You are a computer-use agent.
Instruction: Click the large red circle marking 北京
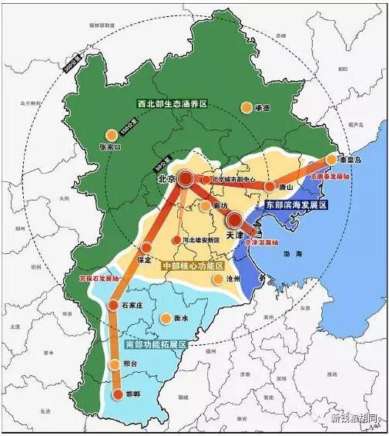[x=186, y=180]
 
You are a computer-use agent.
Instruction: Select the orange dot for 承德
[x=246, y=108]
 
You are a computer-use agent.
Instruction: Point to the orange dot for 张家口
[x=112, y=134]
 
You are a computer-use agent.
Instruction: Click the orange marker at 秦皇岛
[x=331, y=160]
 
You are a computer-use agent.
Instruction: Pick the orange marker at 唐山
[x=270, y=186]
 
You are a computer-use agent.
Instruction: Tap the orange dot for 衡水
[x=166, y=318]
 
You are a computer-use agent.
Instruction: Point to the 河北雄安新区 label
[x=201, y=241]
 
